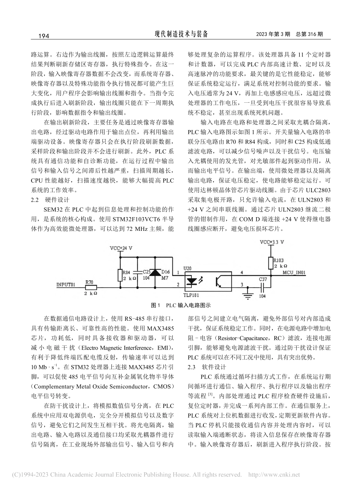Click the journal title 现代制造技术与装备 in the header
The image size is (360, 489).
(181, 34)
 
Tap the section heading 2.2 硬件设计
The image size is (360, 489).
(50, 199)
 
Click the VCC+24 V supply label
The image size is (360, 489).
(121, 248)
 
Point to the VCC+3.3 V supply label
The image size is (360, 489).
(271, 241)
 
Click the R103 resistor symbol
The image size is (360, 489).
(271, 262)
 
